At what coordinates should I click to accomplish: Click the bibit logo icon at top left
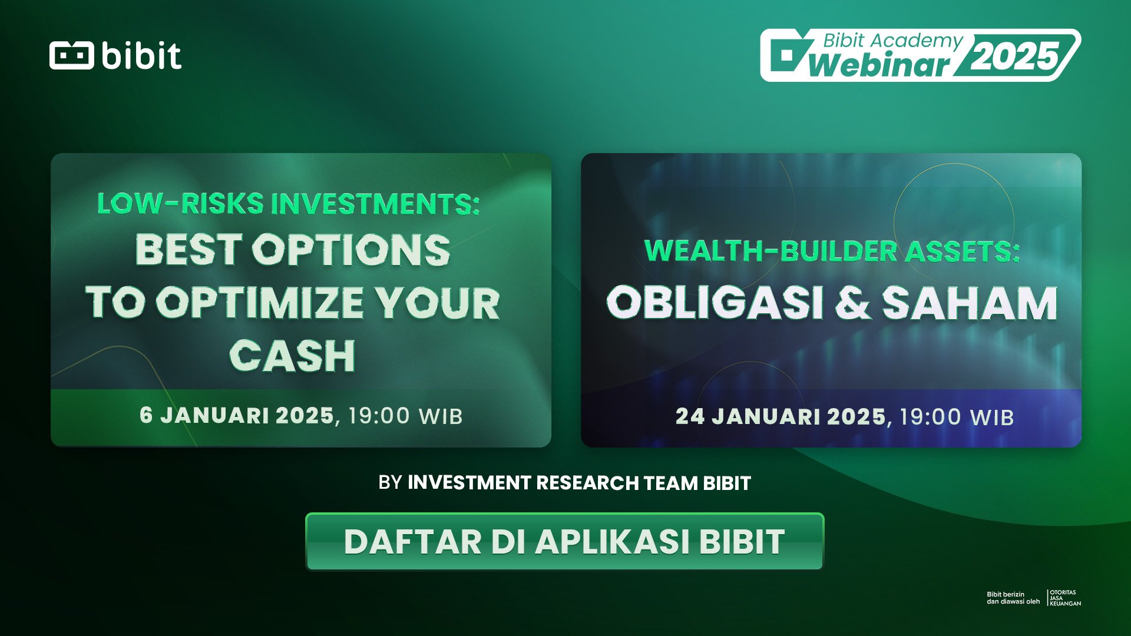tap(71, 55)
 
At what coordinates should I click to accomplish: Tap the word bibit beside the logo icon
tap(141, 56)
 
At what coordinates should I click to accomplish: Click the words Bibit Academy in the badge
tap(892, 41)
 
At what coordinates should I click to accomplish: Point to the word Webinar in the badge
tap(879, 65)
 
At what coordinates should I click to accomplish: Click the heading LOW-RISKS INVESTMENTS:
tap(288, 204)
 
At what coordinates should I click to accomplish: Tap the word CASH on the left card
tap(292, 356)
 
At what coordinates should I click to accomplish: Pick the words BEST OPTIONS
tap(293, 250)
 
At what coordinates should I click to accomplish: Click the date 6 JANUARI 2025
tap(237, 416)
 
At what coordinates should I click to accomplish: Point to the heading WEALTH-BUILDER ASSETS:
tap(832, 251)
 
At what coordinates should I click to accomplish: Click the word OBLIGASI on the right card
tap(714, 303)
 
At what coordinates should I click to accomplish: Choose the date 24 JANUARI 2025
tap(781, 417)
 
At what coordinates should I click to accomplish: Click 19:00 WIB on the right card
tap(956, 418)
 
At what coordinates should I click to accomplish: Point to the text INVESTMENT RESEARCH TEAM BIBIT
tap(579, 483)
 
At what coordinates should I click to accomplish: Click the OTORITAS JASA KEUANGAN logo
tap(1065, 598)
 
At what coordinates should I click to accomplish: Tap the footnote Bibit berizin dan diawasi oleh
tap(1013, 598)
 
